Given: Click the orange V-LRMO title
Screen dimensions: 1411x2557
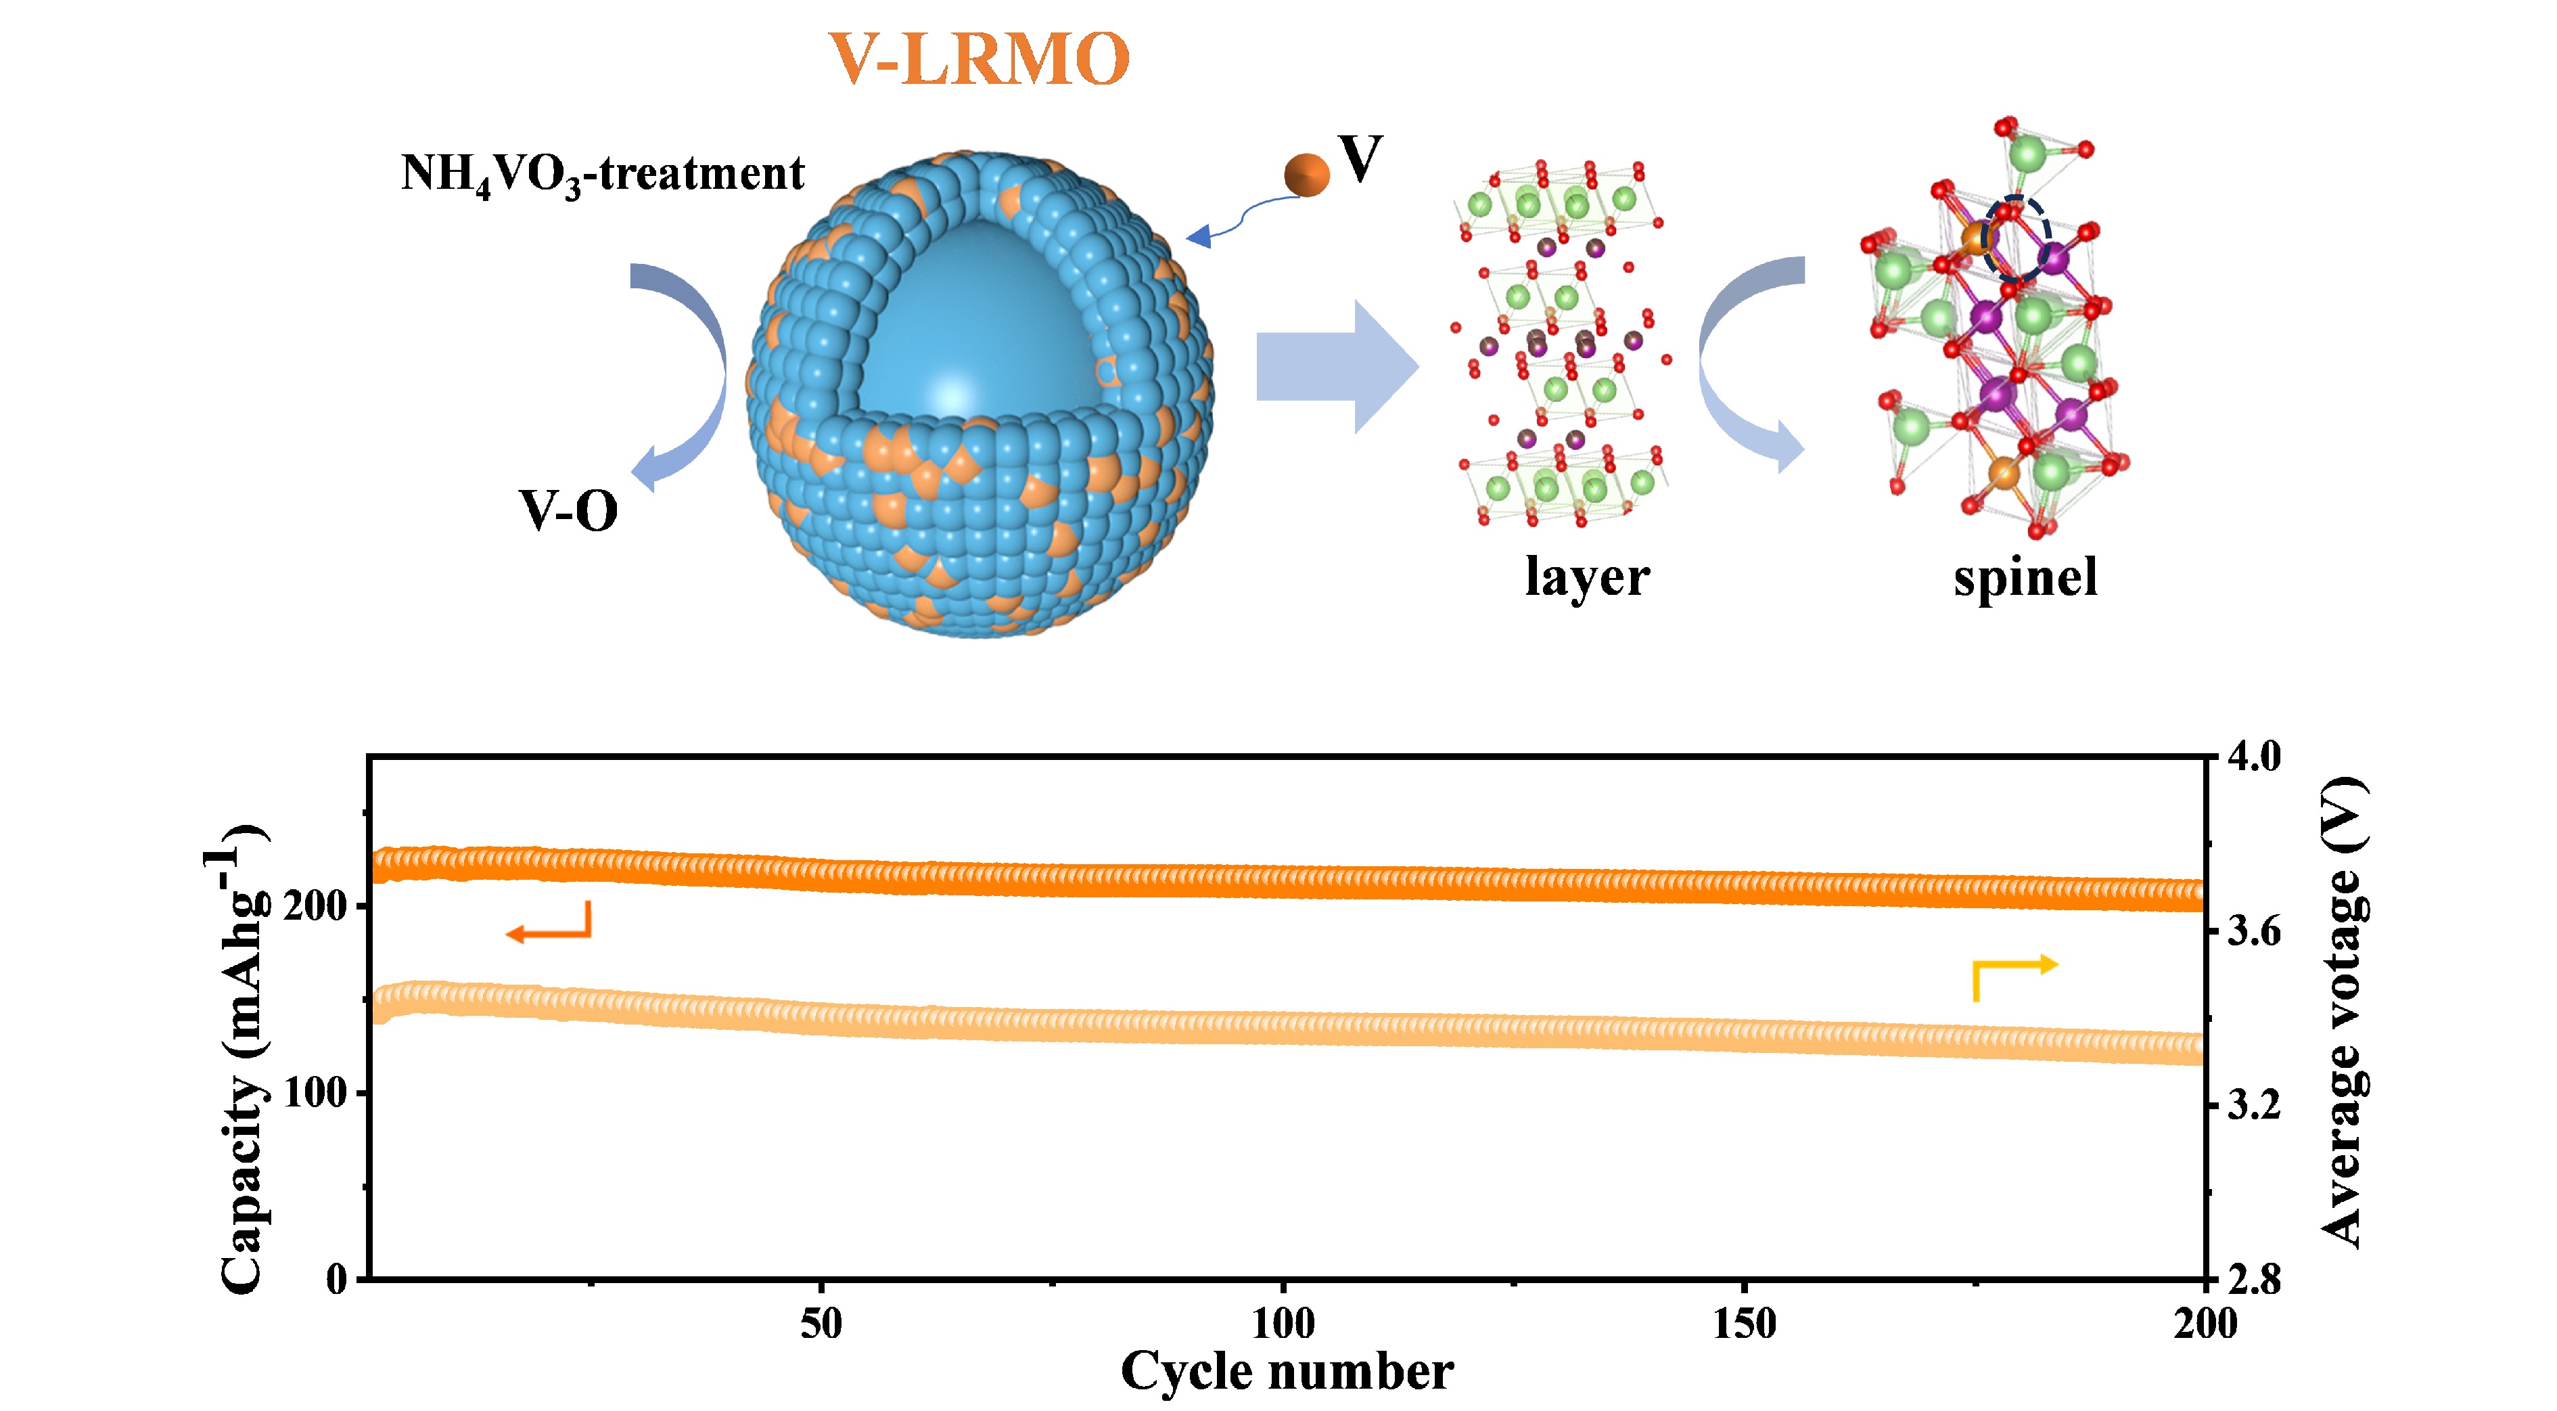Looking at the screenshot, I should pyautogui.click(x=979, y=59).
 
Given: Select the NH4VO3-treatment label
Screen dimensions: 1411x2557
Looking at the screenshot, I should pyautogui.click(x=601, y=175).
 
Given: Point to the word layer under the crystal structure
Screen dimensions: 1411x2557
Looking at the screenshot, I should pyautogui.click(x=1586, y=577).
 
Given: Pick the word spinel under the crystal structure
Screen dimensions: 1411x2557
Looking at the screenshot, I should pyautogui.click(x=2025, y=577).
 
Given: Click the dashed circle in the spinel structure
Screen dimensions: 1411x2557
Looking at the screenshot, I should pyautogui.click(x=2015, y=238).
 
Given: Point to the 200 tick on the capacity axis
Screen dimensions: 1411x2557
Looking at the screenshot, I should pyautogui.click(x=315, y=905).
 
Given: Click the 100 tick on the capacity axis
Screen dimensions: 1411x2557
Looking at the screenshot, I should pyautogui.click(x=315, y=1093).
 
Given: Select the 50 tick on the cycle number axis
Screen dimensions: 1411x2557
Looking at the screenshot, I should pyautogui.click(x=821, y=1324).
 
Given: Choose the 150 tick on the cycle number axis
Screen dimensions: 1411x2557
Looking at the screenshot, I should pyautogui.click(x=1744, y=1324).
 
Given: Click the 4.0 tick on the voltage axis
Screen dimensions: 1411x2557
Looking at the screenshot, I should pyautogui.click(x=2254, y=757).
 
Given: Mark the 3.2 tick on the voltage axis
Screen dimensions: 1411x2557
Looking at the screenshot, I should pyautogui.click(x=2254, y=1104).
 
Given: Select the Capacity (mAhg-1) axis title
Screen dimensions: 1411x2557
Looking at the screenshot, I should pyautogui.click(x=238, y=1058).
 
